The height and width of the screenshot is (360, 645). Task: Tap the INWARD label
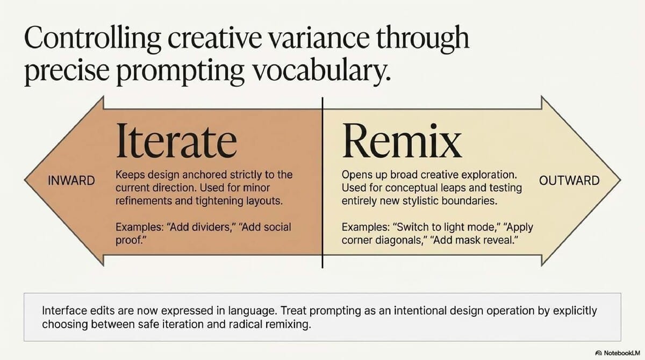point(71,181)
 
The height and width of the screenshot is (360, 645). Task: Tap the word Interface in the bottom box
point(62,311)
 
